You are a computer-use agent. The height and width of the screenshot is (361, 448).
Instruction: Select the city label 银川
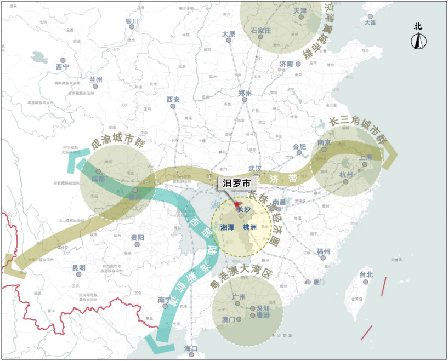[x=132, y=22]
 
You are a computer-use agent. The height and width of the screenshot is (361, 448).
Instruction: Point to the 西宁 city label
[x=63, y=67]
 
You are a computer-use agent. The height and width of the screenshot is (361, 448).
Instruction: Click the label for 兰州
[x=95, y=79]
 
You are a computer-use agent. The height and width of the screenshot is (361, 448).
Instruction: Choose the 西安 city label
[x=173, y=99]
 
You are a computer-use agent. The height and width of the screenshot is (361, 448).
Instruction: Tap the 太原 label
[x=228, y=34]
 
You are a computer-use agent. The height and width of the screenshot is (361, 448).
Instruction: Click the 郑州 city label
[x=245, y=94]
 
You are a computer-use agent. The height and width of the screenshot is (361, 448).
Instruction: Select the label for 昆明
[x=79, y=268]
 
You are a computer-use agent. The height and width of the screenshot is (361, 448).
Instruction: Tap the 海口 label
[x=190, y=348]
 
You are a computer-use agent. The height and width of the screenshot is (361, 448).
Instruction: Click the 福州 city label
[x=324, y=251]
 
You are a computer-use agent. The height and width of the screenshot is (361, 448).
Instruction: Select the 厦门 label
[x=319, y=282]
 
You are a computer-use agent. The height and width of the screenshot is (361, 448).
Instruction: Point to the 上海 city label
[x=366, y=157]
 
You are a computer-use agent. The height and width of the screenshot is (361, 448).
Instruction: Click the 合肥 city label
[x=299, y=147]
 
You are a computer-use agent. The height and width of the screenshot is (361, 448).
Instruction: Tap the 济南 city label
[x=286, y=64]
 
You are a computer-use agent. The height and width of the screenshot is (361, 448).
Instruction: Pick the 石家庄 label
[x=260, y=30]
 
